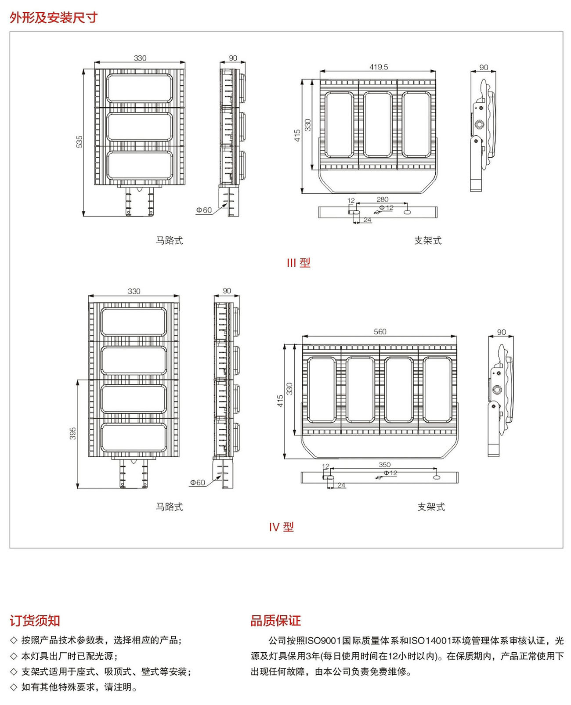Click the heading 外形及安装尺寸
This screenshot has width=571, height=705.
pyautogui.click(x=53, y=18)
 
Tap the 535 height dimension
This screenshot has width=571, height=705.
pyautogui.click(x=80, y=141)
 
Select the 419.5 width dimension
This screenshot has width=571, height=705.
pyautogui.click(x=379, y=67)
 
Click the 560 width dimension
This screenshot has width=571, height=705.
pyautogui.click(x=380, y=332)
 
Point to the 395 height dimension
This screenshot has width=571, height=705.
pyautogui.click(x=73, y=433)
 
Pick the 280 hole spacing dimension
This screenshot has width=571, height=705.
pyautogui.click(x=382, y=199)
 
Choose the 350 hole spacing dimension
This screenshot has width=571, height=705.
pyautogui.click(x=384, y=464)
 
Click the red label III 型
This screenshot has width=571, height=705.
pyautogui.click(x=298, y=263)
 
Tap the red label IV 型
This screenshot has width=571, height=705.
pyautogui.click(x=281, y=527)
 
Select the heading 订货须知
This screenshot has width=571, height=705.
pyautogui.click(x=35, y=621)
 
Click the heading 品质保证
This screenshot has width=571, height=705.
pyautogui.click(x=275, y=621)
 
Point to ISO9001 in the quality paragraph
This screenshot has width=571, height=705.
pyautogui.click(x=323, y=640)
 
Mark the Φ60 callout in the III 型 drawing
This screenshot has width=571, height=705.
pyautogui.click(x=204, y=210)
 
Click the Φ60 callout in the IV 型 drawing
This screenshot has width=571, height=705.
pyautogui.click(x=198, y=482)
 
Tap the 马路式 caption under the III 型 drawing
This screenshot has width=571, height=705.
pyautogui.click(x=169, y=240)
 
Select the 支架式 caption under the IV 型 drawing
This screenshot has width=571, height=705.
pyautogui.click(x=431, y=507)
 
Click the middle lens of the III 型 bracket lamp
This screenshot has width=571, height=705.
pyautogui.click(x=378, y=124)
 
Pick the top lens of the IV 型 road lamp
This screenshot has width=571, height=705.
pyautogui.click(x=134, y=322)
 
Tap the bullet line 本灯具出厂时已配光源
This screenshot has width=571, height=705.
pyautogui.click(x=69, y=656)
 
